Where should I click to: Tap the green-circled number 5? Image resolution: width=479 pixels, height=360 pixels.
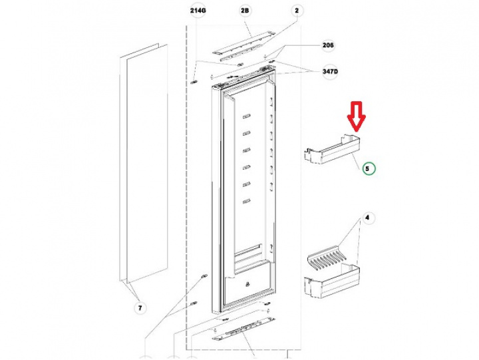369,168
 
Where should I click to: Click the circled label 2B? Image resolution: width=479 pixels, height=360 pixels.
245,11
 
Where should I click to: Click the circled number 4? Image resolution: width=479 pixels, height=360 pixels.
366,218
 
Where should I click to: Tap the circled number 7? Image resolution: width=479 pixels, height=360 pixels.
140,307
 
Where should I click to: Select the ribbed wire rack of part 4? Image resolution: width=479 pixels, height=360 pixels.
329,257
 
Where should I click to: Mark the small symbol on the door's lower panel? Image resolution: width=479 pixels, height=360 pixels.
248,286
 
